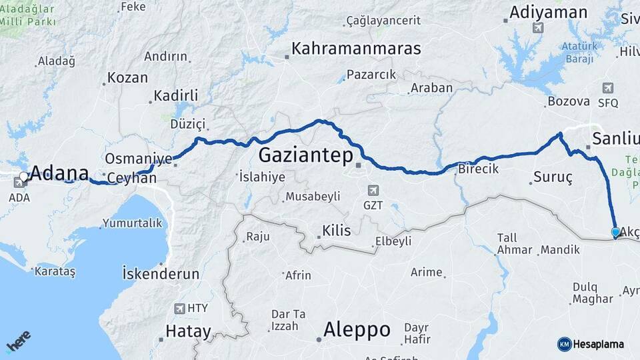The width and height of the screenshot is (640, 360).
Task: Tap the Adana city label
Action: [x=59, y=173]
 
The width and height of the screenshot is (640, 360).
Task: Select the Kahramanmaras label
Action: [x=356, y=49]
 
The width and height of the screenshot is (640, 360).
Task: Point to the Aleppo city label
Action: [x=357, y=329]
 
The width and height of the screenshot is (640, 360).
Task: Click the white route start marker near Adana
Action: [x=24, y=177]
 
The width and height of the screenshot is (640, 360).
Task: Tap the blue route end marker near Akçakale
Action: [x=615, y=232]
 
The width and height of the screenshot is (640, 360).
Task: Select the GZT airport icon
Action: [x=373, y=191]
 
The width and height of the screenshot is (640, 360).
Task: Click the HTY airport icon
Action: [x=179, y=309]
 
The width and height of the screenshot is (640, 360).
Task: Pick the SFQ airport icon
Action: [x=607, y=88]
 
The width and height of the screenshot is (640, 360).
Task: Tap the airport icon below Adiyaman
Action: [x=537, y=28]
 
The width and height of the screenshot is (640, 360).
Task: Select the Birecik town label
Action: [x=478, y=169]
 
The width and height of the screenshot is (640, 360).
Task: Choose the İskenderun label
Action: [x=161, y=273]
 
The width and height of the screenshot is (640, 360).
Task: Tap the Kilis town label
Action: [x=336, y=231]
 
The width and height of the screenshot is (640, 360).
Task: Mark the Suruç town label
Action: [x=553, y=178]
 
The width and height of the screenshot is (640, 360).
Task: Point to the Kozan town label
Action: [x=127, y=78]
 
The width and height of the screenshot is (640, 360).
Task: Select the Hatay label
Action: [x=188, y=331]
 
